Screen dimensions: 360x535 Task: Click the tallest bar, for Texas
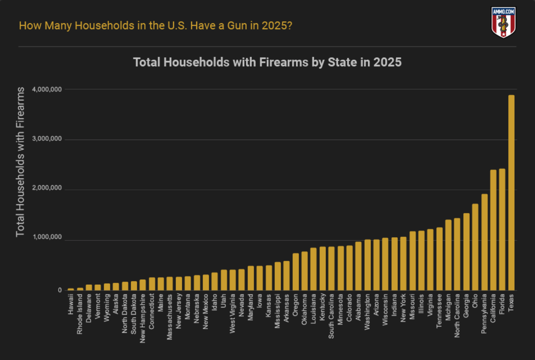pos(511,192)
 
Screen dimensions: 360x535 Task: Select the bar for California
pos(493,230)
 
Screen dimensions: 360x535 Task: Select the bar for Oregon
pos(295,272)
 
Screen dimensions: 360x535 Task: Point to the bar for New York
pos(403,264)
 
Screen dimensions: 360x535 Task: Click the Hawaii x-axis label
pos(71,304)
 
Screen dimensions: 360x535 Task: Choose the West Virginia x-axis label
pos(232,314)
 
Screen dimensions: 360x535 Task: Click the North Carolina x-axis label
pos(457,316)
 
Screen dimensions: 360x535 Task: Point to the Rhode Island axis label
pos(80,314)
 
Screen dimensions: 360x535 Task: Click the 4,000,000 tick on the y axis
pos(47,90)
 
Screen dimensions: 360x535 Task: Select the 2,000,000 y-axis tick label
pos(47,188)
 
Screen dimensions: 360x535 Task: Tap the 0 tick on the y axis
pos(60,290)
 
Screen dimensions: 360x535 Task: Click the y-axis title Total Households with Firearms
pos(20,162)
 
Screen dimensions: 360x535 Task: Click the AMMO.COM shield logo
pos(503,22)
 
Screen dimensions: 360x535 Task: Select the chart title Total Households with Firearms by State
pos(267,62)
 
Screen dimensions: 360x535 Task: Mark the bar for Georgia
pos(466,252)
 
